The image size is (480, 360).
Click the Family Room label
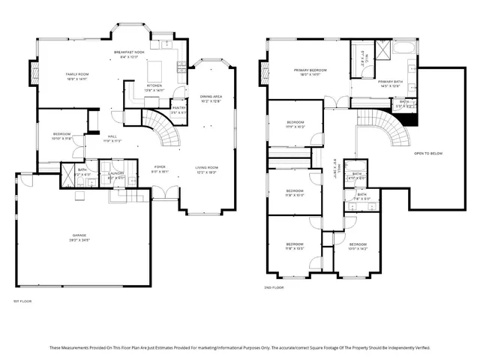click(x=77, y=75)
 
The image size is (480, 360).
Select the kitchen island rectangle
click(x=157, y=70)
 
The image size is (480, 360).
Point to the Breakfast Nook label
click(x=129, y=52)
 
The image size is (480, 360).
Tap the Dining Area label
click(x=211, y=97)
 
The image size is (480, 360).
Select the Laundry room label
click(x=115, y=173)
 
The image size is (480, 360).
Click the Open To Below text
click(x=427, y=153)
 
